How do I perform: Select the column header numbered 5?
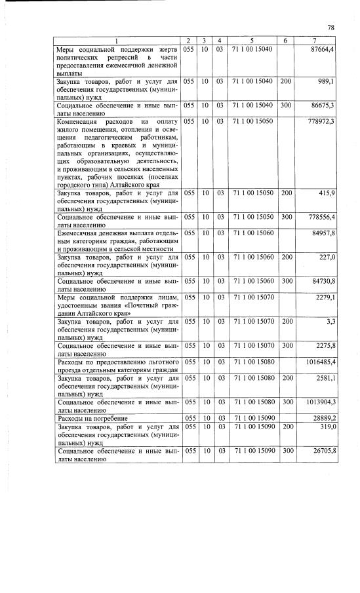[252, 41]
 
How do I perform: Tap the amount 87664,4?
[323, 49]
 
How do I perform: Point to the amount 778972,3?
[321, 121]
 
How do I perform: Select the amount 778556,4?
[321, 216]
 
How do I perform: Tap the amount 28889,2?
[323, 417]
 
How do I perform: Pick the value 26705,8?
[323, 451]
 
